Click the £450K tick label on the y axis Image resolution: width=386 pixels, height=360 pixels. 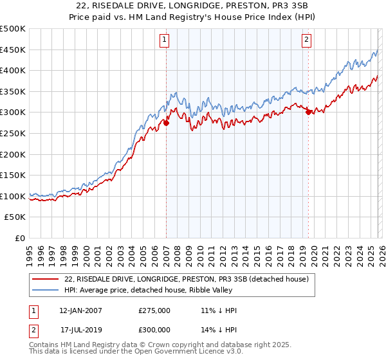(x=13, y=50)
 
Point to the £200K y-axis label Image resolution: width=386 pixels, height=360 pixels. (x=13, y=154)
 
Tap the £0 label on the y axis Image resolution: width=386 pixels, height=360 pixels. (x=21, y=239)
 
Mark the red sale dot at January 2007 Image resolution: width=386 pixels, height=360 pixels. (x=166, y=123)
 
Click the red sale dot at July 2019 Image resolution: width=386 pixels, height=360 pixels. (x=308, y=112)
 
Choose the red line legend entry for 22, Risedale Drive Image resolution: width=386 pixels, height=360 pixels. (x=187, y=279)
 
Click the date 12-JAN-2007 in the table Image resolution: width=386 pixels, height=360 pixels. (x=80, y=310)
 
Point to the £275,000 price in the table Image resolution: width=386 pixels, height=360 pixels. (x=154, y=310)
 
